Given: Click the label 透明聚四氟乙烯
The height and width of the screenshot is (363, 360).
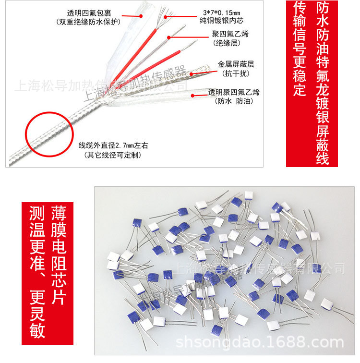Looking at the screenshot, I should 234,92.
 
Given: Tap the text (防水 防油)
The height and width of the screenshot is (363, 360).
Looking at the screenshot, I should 234,101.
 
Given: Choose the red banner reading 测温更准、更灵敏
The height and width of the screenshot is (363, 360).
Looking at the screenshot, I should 36,267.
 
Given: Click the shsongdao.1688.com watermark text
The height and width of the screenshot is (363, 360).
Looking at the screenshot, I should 260,343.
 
